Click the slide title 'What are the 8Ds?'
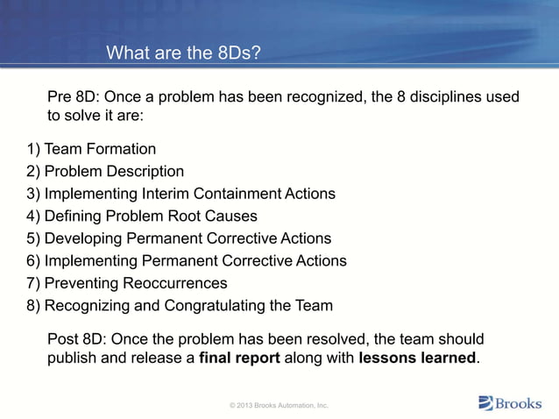183,54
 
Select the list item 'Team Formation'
100,148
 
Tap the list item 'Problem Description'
114,171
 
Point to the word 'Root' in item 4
192,216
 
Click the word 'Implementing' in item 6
89,261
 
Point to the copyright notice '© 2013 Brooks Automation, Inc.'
279,406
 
